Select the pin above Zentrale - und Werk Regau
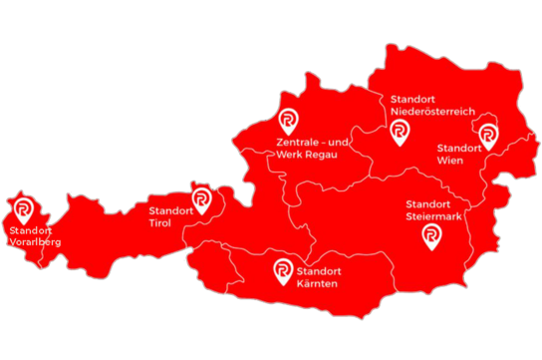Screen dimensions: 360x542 pyautogui.click(x=288, y=122)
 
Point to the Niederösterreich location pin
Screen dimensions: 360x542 pyautogui.click(x=400, y=132)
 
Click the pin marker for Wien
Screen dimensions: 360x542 pyautogui.click(x=488, y=137)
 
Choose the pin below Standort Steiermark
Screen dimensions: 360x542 pyautogui.click(x=430, y=235)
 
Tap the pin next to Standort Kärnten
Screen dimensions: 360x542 pyautogui.click(x=283, y=270)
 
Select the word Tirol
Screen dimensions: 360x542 pyautogui.click(x=159, y=224)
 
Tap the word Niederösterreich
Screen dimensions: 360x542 pyautogui.click(x=430, y=112)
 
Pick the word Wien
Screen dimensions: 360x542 pyautogui.click(x=449, y=160)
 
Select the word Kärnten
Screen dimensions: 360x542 pyautogui.click(x=317, y=284)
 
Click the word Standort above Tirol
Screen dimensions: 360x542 pyautogui.click(x=171, y=211)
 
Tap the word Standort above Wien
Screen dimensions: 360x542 pyautogui.click(x=460, y=148)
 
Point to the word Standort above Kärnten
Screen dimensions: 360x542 pyautogui.click(x=319, y=271)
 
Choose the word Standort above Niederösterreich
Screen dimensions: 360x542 pyautogui.click(x=415, y=100)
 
